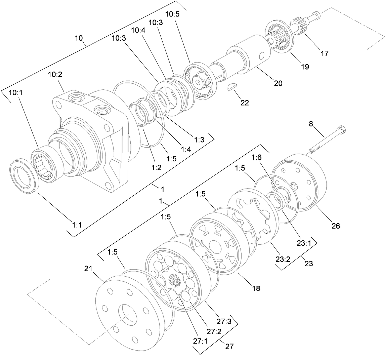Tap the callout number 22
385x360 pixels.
245,103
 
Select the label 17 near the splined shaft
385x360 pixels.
325,53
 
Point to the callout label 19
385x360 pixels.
304,67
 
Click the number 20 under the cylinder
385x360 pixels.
278,83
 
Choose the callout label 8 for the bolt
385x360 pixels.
311,124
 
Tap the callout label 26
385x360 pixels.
336,226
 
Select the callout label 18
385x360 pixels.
256,288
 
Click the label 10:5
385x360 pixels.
173,14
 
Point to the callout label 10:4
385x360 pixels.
138,30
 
